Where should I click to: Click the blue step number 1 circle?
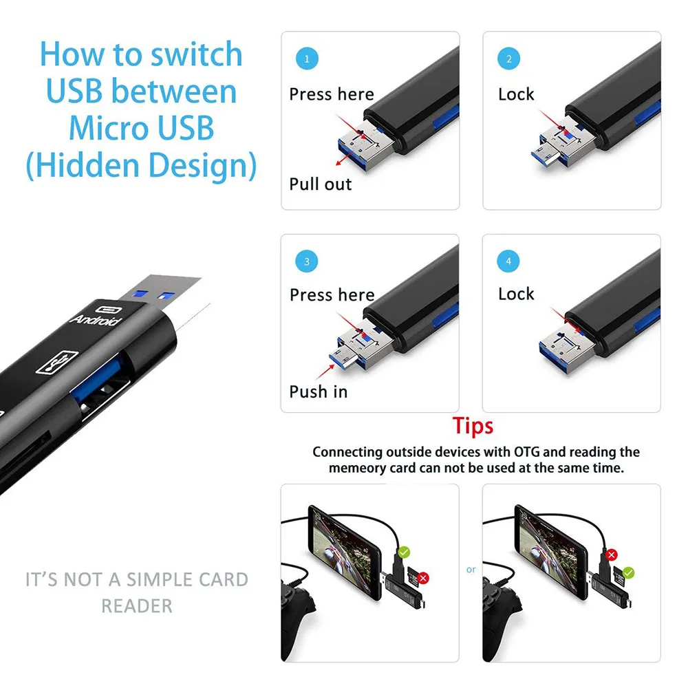pyautogui.click(x=307, y=58)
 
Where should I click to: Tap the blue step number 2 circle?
pyautogui.click(x=508, y=58)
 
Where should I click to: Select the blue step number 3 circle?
pyautogui.click(x=307, y=261)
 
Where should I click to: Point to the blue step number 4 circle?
pyautogui.click(x=508, y=261)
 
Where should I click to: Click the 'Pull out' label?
pyautogui.click(x=320, y=184)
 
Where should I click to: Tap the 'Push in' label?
pyautogui.click(x=319, y=392)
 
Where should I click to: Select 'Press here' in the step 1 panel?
pyautogui.click(x=332, y=94)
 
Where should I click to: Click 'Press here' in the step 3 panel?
pyautogui.click(x=332, y=295)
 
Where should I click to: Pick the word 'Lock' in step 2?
pyautogui.click(x=516, y=94)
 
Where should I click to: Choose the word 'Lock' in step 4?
pyautogui.click(x=516, y=294)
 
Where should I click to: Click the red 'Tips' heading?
pyautogui.click(x=473, y=426)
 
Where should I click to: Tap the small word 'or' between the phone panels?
pyautogui.click(x=471, y=570)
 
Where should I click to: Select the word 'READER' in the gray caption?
pyautogui.click(x=137, y=606)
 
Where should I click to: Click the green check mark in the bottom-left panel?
pyautogui.click(x=404, y=552)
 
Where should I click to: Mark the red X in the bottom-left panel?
pyautogui.click(x=423, y=578)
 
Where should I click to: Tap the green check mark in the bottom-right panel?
pyautogui.click(x=629, y=572)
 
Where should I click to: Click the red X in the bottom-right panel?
pyautogui.click(x=610, y=554)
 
